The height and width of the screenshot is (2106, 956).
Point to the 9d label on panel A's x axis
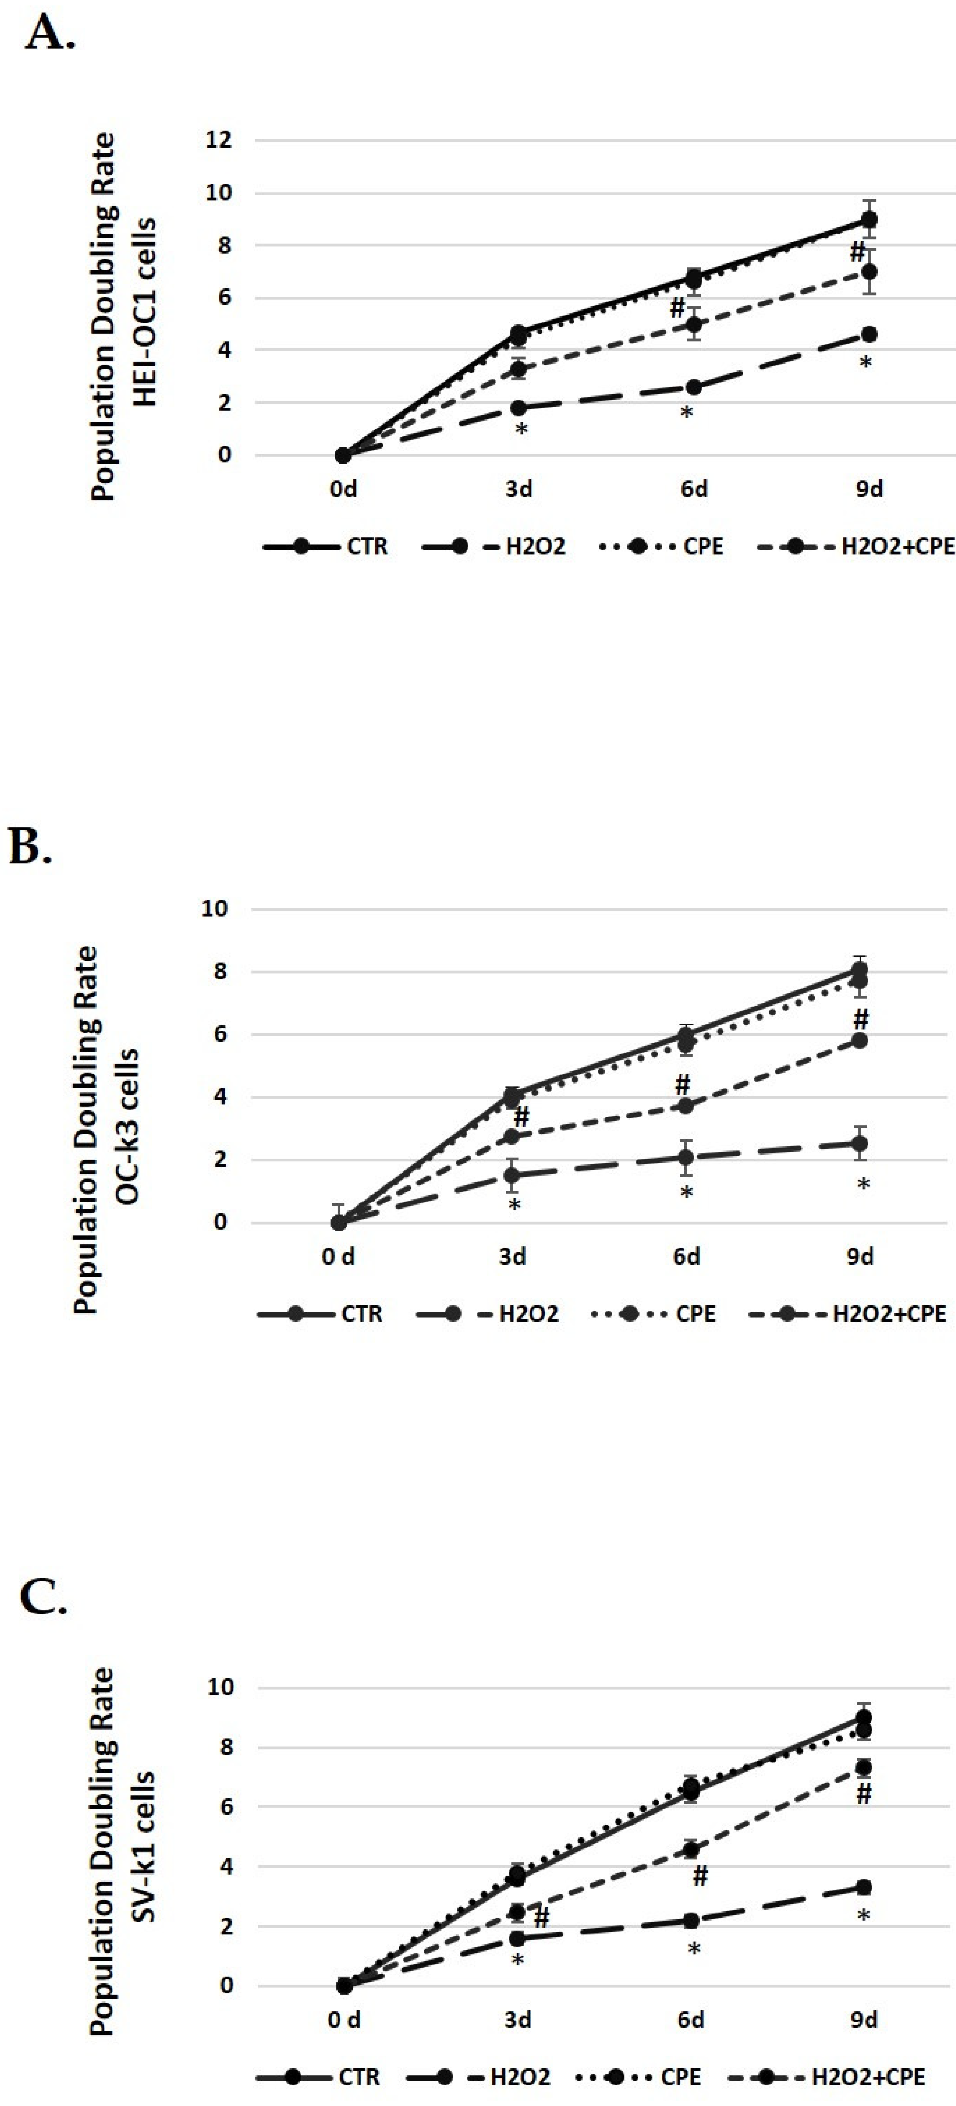[x=870, y=490]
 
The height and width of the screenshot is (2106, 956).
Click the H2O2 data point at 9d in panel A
[x=870, y=334]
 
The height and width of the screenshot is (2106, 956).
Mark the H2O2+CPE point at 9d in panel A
[x=870, y=271]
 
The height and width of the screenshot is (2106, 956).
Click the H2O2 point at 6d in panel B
[x=686, y=1158]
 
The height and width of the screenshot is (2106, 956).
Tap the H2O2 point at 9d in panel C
[x=863, y=1888]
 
